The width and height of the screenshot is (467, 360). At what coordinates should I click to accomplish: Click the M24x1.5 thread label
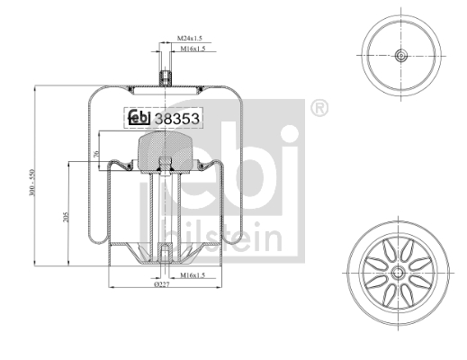pos(190,38)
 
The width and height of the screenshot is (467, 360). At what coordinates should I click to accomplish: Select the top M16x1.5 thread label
pos(193,49)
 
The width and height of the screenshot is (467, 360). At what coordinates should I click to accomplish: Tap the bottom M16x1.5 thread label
pos(193,274)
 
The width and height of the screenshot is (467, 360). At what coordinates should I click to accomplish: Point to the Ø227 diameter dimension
pos(162,284)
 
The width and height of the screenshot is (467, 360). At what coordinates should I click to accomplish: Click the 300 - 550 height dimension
pos(32,183)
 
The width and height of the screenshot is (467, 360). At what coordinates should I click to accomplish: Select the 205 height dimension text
pos(66,217)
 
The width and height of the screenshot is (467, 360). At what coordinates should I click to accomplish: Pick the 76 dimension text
pos(96,154)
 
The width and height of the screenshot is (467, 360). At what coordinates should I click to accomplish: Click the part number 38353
pos(177,119)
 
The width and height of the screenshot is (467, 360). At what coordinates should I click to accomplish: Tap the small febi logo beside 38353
pos(139,117)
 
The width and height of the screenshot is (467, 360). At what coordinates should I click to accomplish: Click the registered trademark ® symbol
pos(319,108)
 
